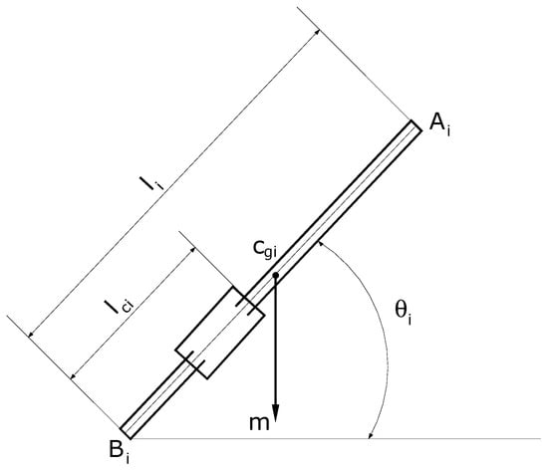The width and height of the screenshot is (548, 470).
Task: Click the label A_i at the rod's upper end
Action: pos(439,124)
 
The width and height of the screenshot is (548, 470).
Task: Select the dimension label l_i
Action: pos(151,182)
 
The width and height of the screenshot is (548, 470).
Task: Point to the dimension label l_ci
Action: pos(120,307)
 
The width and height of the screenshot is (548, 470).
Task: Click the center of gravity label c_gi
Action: pos(265,250)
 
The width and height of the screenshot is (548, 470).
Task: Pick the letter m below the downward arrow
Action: pos(259,423)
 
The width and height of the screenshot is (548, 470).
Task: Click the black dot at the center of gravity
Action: pos(275,276)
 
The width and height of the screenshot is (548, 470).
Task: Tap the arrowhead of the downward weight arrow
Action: pos(275,413)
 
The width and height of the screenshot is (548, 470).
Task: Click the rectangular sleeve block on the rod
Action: pos(220,333)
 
